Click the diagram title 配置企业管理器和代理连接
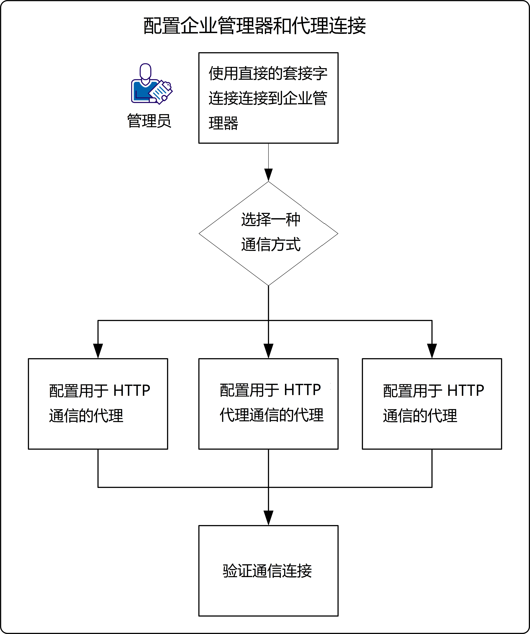click(x=255, y=26)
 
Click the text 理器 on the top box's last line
click(x=223, y=123)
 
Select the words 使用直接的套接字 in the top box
click(x=268, y=73)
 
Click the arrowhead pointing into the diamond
click(x=268, y=175)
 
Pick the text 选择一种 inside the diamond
click(x=271, y=219)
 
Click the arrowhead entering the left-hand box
click(x=98, y=351)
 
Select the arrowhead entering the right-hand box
click(x=432, y=351)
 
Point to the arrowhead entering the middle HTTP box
click(x=268, y=351)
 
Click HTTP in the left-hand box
click(x=132, y=391)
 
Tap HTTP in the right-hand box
click(x=465, y=391)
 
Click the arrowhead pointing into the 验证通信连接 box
click(x=268, y=518)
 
